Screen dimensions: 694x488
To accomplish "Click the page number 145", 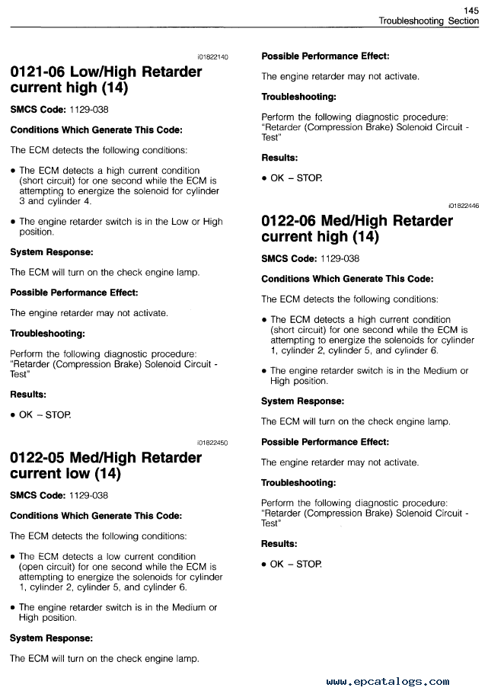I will [470, 10].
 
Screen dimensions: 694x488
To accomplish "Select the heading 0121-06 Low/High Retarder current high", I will [106, 80].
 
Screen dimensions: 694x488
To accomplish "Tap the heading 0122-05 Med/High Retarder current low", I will [106, 465].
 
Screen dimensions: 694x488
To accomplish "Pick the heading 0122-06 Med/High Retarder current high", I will [356, 229].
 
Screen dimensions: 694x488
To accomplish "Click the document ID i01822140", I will [212, 57].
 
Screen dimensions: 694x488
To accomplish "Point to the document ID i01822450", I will [212, 443].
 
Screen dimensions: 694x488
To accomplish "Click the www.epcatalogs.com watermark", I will [388, 682].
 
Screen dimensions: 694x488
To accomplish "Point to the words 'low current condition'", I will [125, 557].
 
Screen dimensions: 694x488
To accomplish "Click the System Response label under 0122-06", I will [302, 401].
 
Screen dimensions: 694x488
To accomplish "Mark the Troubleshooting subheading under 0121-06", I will [47, 333].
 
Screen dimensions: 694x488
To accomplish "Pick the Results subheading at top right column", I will [279, 158].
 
